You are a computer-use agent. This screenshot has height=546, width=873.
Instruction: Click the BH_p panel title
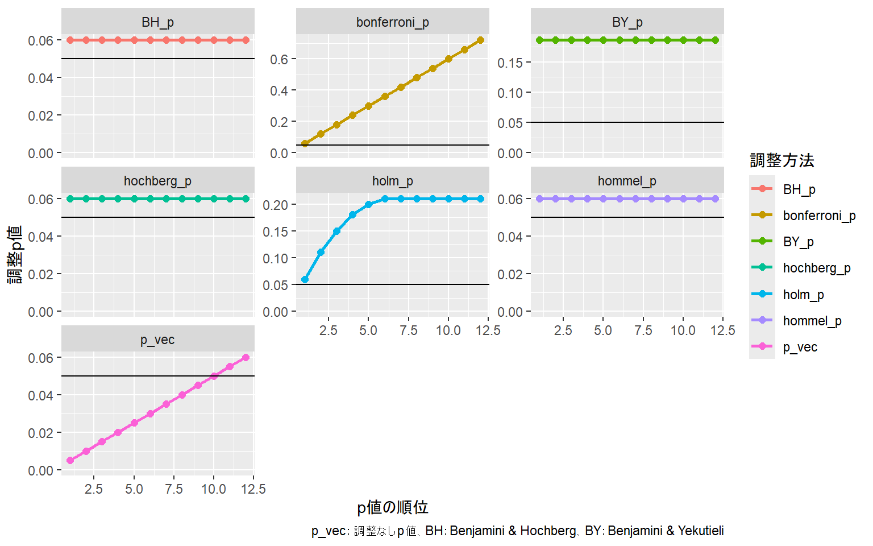[x=157, y=22]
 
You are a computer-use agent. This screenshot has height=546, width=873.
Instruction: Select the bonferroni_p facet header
[x=392, y=22]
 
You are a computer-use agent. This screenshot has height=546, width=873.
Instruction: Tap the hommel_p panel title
[x=627, y=181]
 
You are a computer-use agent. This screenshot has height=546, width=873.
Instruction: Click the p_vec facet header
[x=157, y=340]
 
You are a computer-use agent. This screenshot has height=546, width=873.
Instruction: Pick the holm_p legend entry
[x=803, y=295]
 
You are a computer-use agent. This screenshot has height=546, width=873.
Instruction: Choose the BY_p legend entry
[x=798, y=242]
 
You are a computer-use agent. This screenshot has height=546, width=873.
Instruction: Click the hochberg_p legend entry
[x=816, y=268]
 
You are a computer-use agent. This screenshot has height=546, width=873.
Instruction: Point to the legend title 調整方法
[x=782, y=160]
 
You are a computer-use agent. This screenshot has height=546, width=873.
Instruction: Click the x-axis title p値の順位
[x=392, y=507]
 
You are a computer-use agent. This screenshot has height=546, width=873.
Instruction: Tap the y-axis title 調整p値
[x=15, y=254]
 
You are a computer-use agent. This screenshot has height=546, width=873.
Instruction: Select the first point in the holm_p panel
[x=305, y=279]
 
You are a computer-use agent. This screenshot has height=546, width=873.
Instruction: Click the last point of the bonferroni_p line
[x=480, y=40]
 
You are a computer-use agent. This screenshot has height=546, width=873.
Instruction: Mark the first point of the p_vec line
[x=70, y=460]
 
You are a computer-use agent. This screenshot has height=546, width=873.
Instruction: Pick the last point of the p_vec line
[x=246, y=357]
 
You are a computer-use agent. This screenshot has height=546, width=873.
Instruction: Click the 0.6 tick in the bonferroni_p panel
[x=279, y=59]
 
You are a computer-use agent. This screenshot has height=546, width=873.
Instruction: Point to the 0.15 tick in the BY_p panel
[x=510, y=63]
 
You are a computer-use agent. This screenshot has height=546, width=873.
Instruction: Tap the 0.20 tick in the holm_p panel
[x=275, y=205]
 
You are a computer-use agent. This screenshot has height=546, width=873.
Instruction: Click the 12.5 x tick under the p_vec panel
[x=253, y=489]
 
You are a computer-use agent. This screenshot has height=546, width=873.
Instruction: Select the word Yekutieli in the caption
[x=701, y=531]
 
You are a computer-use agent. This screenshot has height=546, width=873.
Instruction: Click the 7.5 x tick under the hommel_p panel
[x=643, y=330]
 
